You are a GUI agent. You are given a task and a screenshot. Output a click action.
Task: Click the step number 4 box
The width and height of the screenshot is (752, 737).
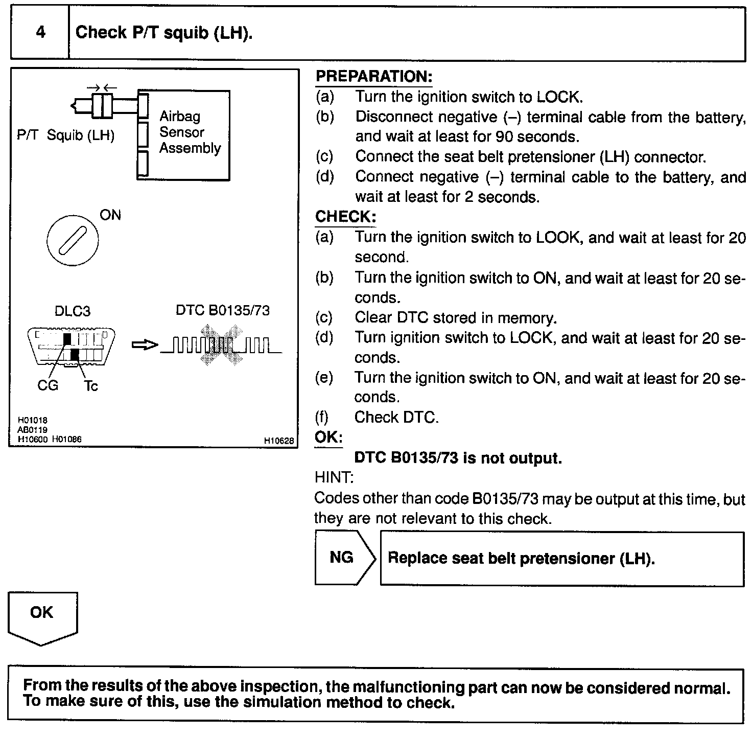pyautogui.click(x=40, y=33)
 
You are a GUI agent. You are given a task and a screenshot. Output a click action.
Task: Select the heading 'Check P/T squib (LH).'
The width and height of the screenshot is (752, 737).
pyautogui.click(x=164, y=33)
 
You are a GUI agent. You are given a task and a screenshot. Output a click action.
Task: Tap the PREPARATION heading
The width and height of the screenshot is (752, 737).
pyautogui.click(x=374, y=77)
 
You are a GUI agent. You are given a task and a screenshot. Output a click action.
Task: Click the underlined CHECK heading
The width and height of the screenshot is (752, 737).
pyautogui.click(x=345, y=217)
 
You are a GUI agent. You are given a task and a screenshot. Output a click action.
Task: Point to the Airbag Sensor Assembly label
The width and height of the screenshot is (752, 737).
pyautogui.click(x=190, y=132)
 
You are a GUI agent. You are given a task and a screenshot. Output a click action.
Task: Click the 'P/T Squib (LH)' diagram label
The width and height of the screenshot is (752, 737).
pyautogui.click(x=65, y=135)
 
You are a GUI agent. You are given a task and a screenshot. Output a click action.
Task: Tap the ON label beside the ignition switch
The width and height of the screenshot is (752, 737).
pyautogui.click(x=110, y=215)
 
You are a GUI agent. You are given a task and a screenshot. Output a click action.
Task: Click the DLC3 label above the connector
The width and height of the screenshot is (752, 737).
pyautogui.click(x=72, y=311)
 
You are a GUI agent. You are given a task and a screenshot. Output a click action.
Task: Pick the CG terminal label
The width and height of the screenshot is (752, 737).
pyautogui.click(x=48, y=385)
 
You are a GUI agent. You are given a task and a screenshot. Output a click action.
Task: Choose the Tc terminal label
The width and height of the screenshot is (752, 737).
pyautogui.click(x=91, y=386)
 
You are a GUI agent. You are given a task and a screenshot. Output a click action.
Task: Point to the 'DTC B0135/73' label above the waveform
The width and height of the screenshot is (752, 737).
pyautogui.click(x=223, y=310)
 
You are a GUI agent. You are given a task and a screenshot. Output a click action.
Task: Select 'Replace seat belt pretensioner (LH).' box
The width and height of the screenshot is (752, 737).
pyautogui.click(x=562, y=559)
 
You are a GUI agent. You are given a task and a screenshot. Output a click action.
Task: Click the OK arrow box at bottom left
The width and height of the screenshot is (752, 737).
pyautogui.click(x=42, y=617)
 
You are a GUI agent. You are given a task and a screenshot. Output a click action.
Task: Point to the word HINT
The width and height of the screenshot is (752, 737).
pyautogui.click(x=334, y=478)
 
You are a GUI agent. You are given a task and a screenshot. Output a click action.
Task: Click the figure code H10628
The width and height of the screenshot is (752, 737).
pyautogui.click(x=279, y=441)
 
